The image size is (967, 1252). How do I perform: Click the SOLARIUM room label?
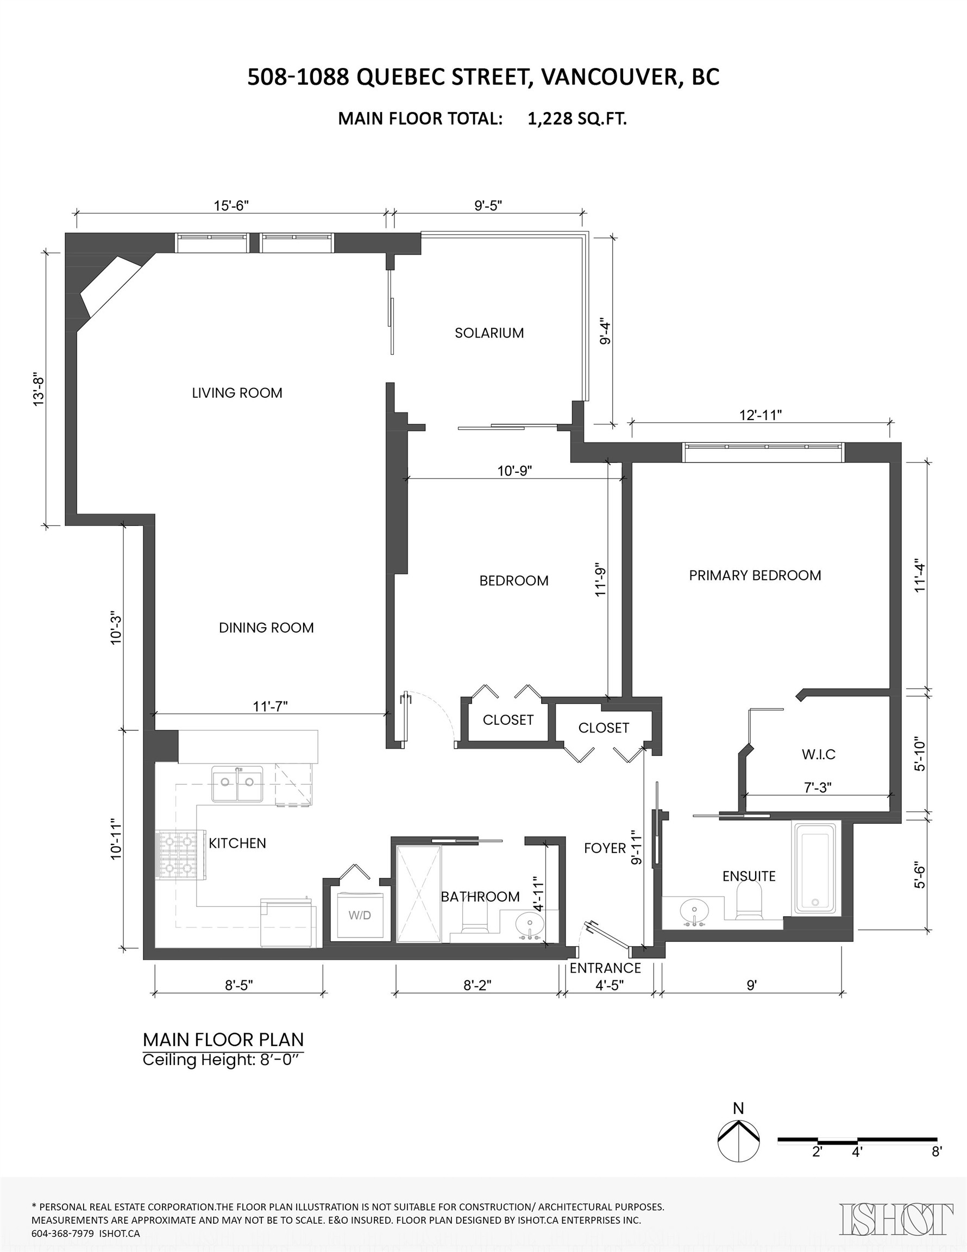[489, 333]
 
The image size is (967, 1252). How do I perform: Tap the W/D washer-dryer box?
[360, 916]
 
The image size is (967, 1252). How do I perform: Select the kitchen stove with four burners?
[179, 855]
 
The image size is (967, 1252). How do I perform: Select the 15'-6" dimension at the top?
[231, 206]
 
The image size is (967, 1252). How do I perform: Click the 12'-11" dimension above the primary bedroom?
[761, 415]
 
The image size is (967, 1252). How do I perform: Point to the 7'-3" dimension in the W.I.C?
[818, 787]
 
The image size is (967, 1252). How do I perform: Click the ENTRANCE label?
[605, 968]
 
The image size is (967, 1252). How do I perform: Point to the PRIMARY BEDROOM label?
[755, 575]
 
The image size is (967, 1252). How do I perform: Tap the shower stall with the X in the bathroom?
[419, 894]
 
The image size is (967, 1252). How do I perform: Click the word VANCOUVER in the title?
[611, 77]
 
